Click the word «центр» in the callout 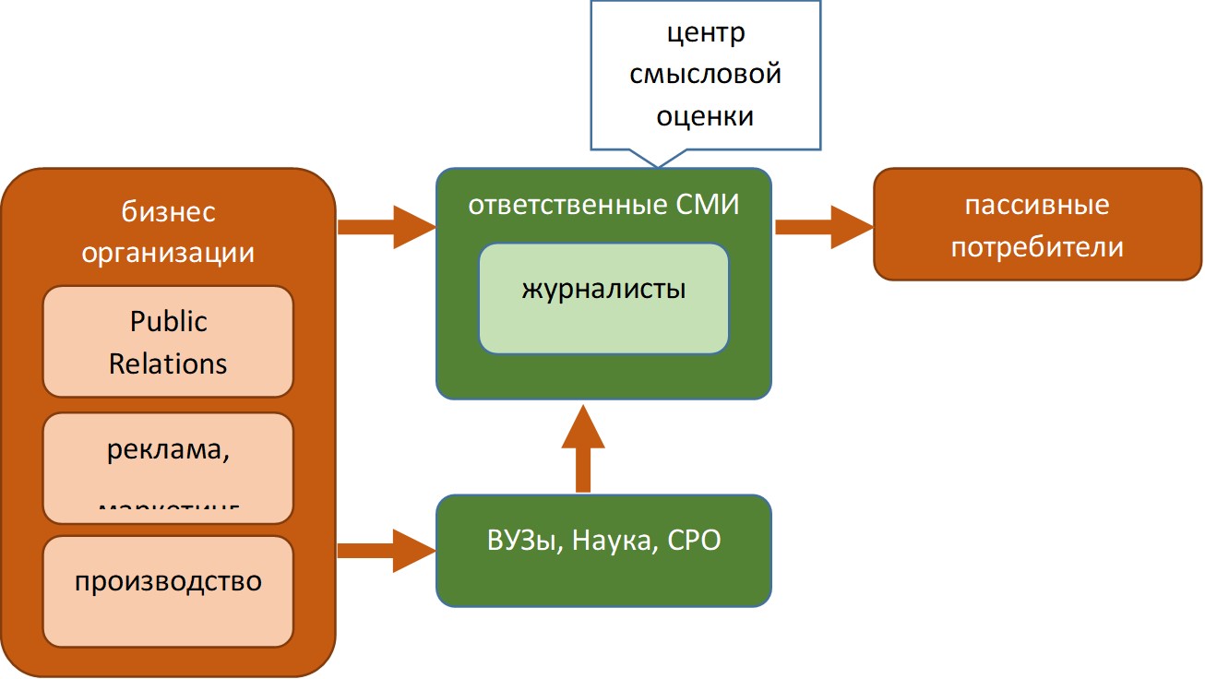[x=706, y=34]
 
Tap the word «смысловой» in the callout [x=706, y=75]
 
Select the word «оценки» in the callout [x=706, y=116]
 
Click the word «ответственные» [x=563, y=204]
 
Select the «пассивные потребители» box [x=1037, y=223]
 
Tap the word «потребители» [x=1037, y=246]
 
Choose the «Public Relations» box [x=168, y=341]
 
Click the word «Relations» [x=168, y=363]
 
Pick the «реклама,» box [x=168, y=466]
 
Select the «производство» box [x=168, y=590]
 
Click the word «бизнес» [x=169, y=211]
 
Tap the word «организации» [x=169, y=251]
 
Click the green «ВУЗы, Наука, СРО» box [x=603, y=550]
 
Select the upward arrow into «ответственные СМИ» [x=582, y=447]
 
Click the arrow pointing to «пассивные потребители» [x=823, y=227]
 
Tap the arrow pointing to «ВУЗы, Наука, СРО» [x=387, y=551]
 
